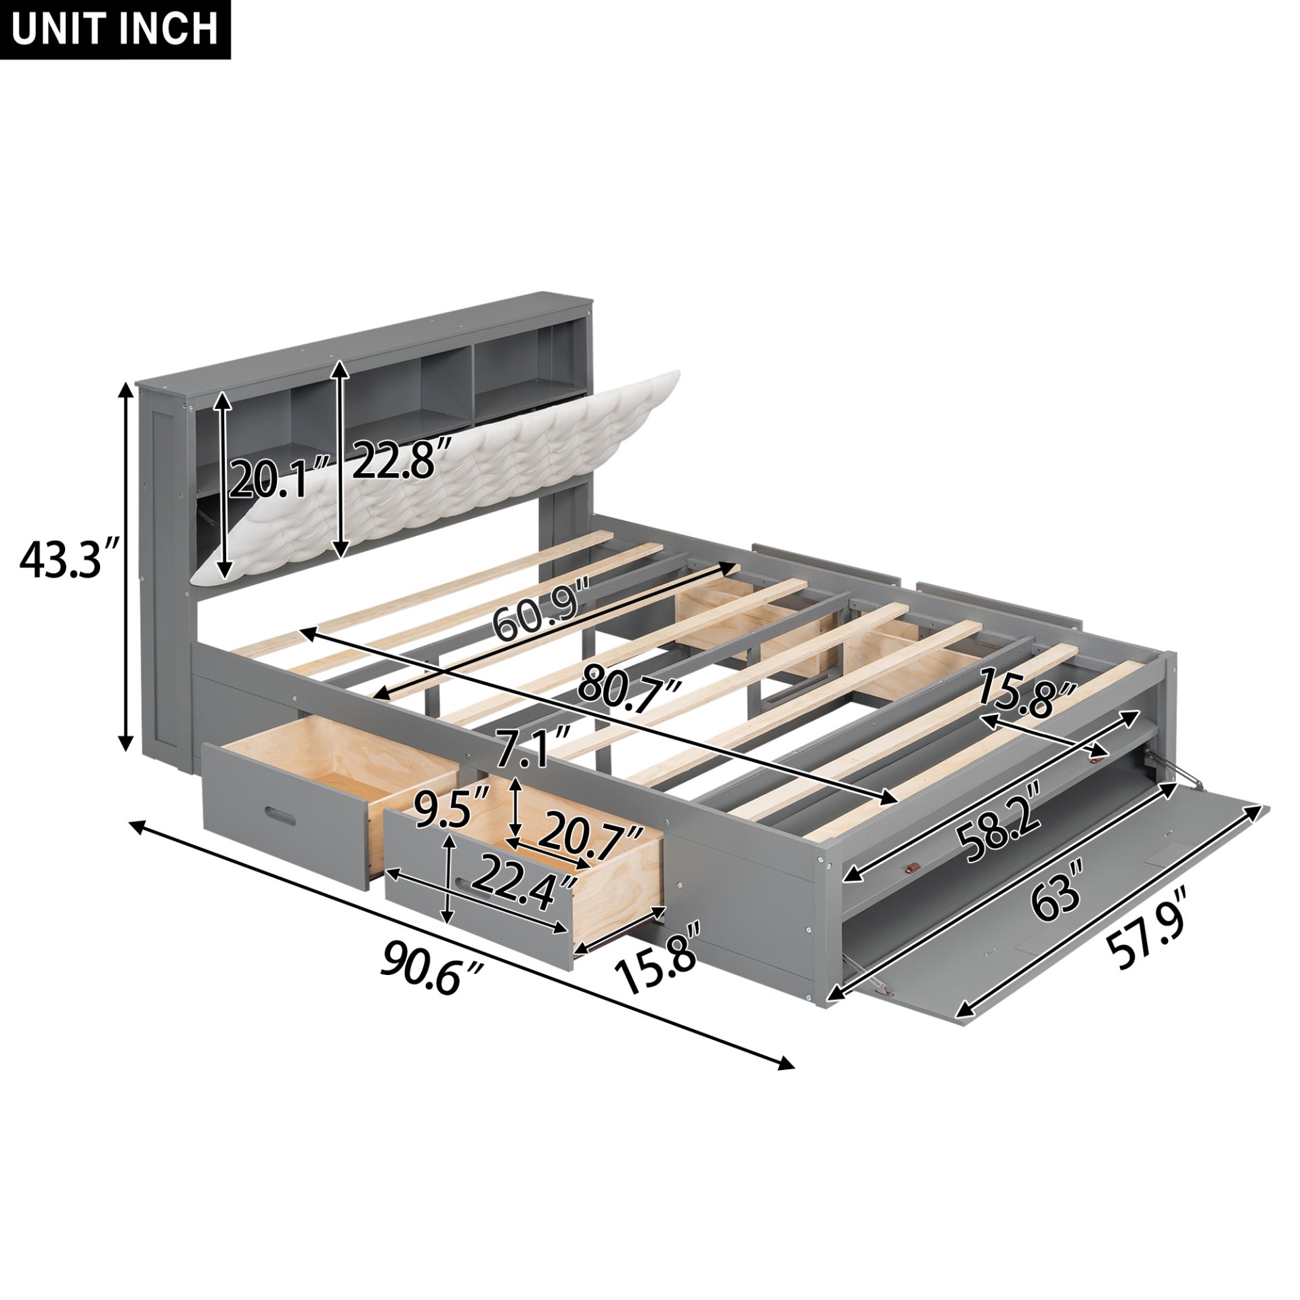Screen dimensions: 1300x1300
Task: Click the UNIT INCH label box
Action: click(115, 30)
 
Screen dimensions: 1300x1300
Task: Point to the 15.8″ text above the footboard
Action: click(1026, 692)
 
